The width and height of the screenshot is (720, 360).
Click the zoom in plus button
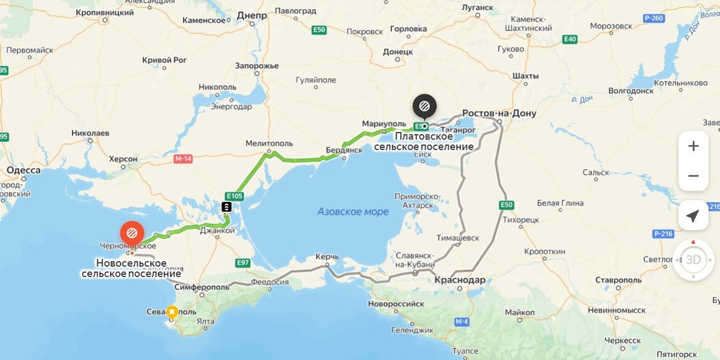point(693,146)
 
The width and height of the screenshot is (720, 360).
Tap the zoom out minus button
point(693,176)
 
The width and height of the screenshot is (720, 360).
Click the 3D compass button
point(693,259)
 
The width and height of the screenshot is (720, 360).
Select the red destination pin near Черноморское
point(132,233)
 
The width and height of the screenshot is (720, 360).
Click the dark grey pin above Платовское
point(424,106)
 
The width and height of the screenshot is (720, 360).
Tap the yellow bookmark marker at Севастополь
point(172,311)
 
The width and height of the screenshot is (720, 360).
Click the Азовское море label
point(353,212)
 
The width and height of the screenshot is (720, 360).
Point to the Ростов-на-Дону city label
point(499,113)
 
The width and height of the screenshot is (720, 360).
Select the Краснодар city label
point(459,280)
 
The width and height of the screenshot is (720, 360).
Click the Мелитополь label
point(269,143)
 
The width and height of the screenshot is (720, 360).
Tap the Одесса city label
point(23,170)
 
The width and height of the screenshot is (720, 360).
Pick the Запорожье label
point(257,66)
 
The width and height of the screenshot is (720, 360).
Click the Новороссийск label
point(396,304)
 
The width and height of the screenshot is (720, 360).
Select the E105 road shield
point(234,195)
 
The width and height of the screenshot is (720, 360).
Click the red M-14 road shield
point(183,159)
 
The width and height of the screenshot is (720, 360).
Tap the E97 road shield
point(243,263)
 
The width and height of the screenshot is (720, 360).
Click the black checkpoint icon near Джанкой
point(227,207)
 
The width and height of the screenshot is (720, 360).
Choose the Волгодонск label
point(631,91)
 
